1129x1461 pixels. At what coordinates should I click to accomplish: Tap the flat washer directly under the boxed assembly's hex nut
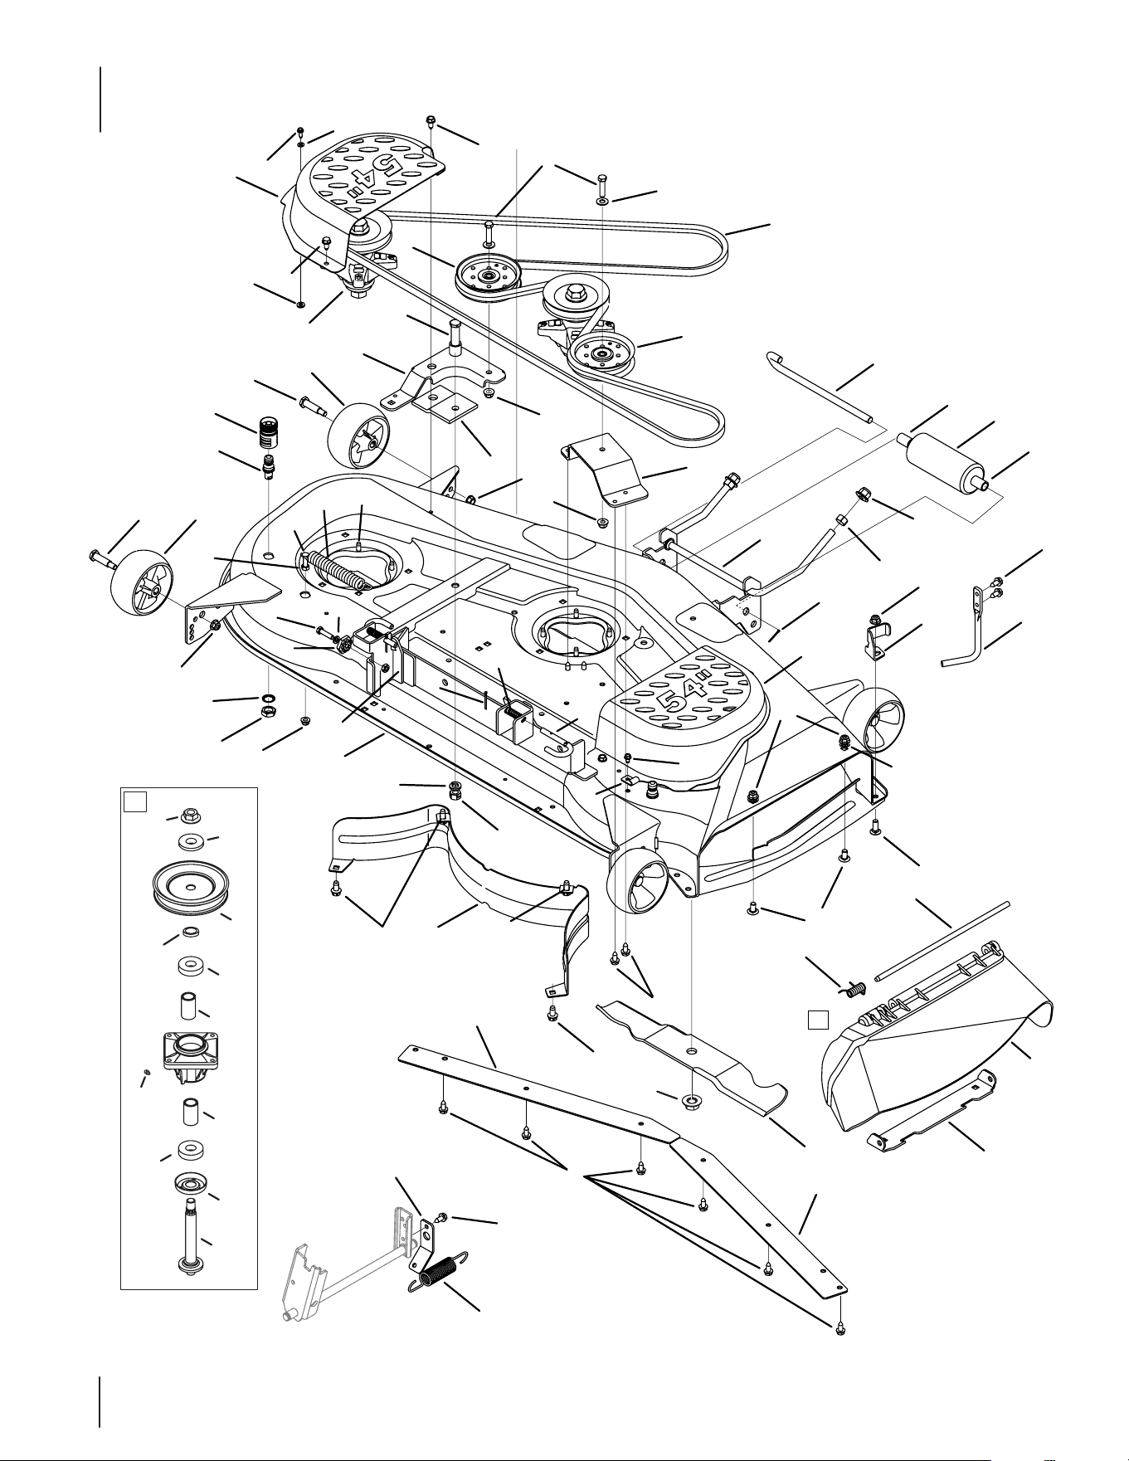coord(191,842)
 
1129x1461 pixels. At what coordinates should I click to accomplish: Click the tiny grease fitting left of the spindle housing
coord(146,1074)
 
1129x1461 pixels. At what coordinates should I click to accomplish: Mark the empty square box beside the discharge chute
coord(819,1020)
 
